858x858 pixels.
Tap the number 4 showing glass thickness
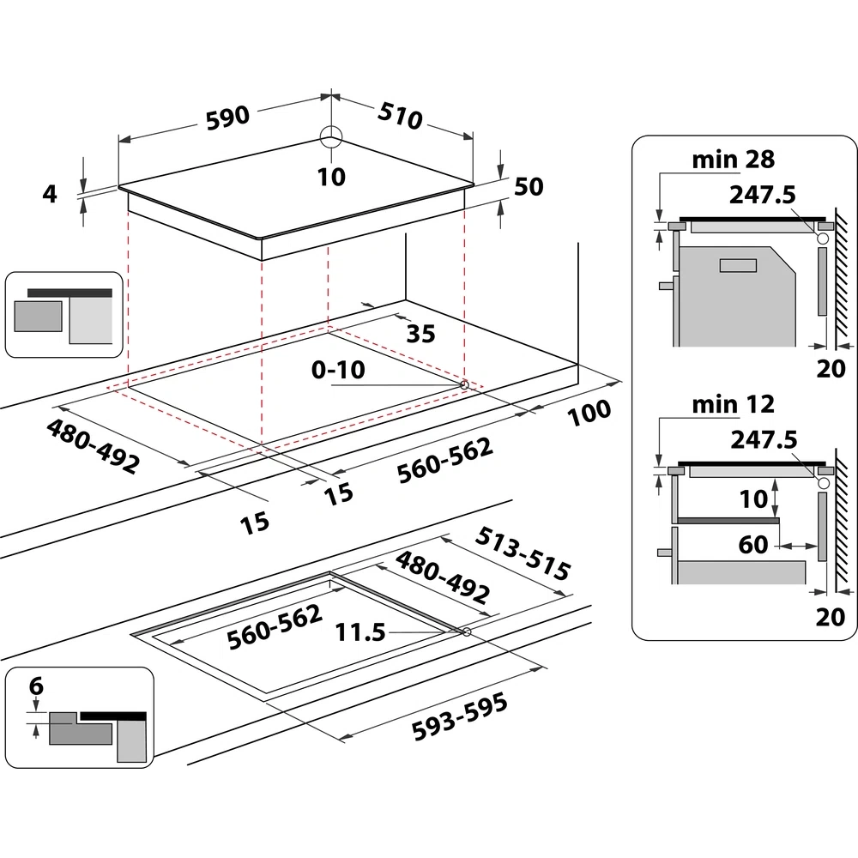click(50, 194)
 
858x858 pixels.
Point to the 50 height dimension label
click(529, 186)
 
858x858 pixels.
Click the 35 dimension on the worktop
click(420, 333)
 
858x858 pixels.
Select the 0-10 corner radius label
click(338, 370)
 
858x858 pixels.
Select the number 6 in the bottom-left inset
click(35, 686)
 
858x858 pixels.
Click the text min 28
click(733, 159)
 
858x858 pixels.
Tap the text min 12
click(733, 403)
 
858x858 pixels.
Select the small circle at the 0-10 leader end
click(464, 385)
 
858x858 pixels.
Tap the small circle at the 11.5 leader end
click(466, 632)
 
